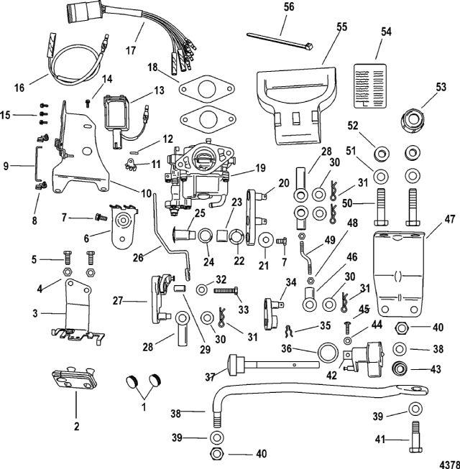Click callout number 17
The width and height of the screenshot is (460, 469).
click(x=131, y=51)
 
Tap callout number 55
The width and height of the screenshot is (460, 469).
click(x=341, y=27)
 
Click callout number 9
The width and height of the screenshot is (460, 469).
click(x=6, y=167)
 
